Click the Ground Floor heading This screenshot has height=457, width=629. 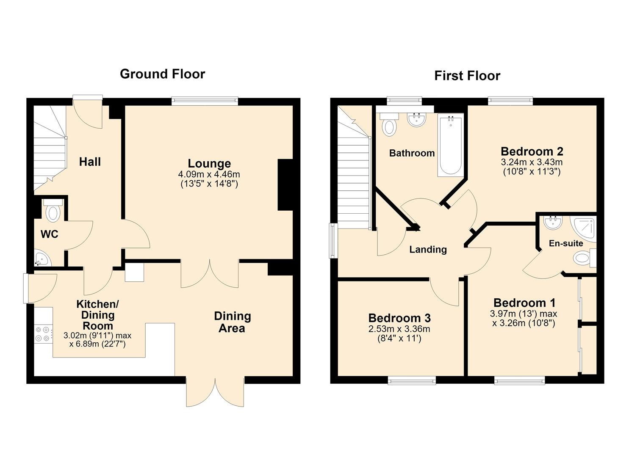coord(162,74)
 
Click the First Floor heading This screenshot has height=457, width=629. coord(467,76)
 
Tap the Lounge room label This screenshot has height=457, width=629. coord(209,163)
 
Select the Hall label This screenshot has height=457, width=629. coord(90,162)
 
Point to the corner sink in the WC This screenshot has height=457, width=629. coord(42,259)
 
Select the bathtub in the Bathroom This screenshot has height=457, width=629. coord(450,145)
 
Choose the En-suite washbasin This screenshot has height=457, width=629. coord(553,223)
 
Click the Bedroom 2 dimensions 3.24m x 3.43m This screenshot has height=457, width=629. coord(532,162)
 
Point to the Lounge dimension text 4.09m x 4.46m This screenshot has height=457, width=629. coord(209,174)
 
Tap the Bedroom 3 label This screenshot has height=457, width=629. coord(399,318)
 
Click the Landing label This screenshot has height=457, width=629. coord(428,249)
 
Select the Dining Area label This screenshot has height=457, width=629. coord(232,322)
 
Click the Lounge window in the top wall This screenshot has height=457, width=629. coord(205,101)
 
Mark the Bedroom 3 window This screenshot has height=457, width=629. coord(412,381)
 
